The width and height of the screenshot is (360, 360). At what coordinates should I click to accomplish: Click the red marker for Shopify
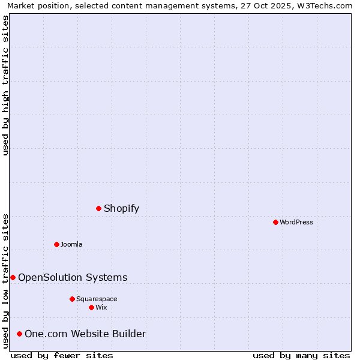pos(99,208)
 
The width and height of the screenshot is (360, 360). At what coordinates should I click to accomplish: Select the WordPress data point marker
pos(275,222)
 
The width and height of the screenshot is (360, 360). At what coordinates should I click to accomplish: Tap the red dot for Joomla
pos(56,244)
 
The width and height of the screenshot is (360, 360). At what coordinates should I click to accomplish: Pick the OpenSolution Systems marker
pos(13,277)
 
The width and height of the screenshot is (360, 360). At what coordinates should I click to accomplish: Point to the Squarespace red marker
pos(72,299)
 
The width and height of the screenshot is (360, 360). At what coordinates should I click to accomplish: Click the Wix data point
pos(91,307)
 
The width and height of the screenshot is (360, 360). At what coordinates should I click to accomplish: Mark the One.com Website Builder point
pos(20,334)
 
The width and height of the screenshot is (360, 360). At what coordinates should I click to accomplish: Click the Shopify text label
pos(121,208)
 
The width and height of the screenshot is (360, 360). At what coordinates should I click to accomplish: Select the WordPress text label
pos(296,222)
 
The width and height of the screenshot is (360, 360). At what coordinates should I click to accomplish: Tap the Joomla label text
pos(71,244)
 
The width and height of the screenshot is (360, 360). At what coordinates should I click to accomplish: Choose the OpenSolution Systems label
pos(73,277)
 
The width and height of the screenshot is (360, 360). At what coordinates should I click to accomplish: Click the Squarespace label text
pos(97,299)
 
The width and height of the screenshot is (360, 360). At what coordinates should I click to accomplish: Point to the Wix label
pos(101,307)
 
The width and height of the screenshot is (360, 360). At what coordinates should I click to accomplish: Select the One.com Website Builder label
pos(85,334)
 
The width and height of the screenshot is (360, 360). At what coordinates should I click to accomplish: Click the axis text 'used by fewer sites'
pos(62,355)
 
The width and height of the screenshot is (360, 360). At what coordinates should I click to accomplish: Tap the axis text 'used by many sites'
pos(301,355)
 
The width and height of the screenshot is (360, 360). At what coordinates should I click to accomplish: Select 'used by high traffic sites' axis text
pos(5,85)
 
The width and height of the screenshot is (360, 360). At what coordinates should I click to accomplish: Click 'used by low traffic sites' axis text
pos(5,280)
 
